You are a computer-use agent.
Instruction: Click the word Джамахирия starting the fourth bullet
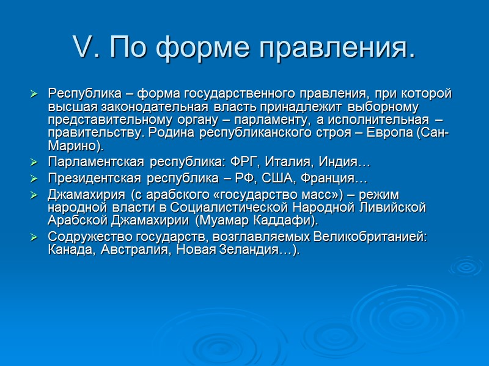(86, 195)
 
